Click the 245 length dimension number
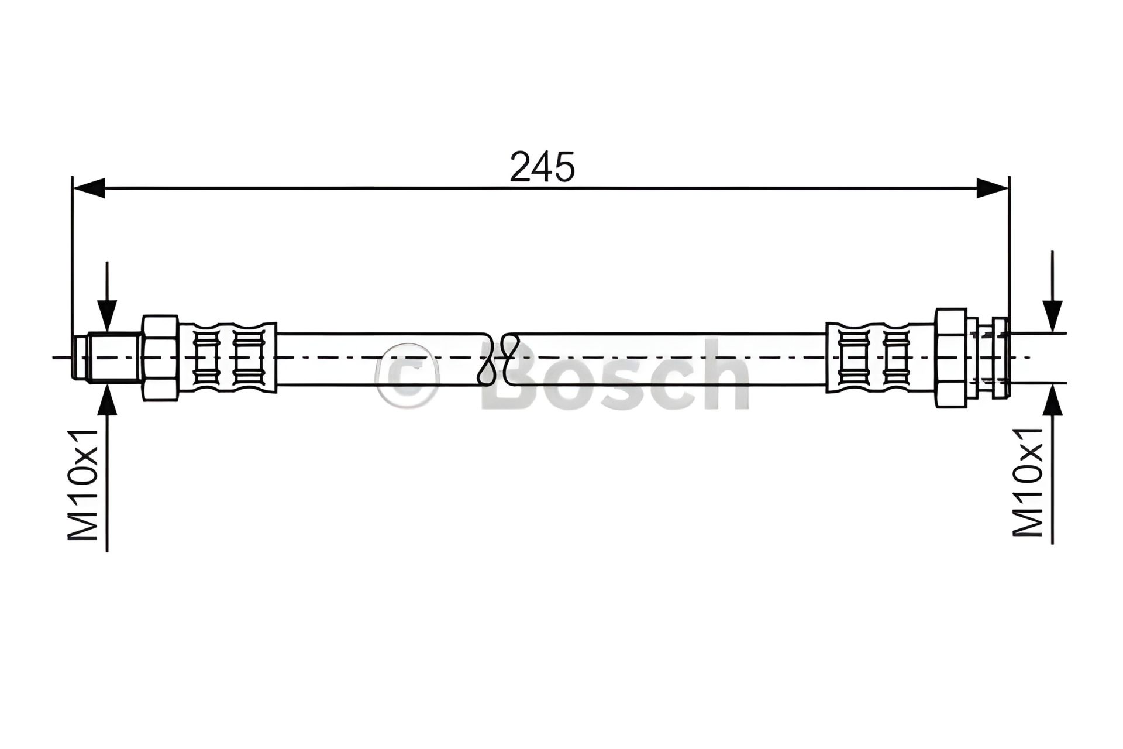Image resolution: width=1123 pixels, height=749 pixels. pos(542,167)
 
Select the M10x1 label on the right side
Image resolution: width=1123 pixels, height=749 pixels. pos(1028,481)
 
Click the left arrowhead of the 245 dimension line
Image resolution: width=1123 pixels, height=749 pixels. pos(88,188)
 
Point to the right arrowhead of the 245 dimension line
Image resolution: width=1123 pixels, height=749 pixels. pos(993,188)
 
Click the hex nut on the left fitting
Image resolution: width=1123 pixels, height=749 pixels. pos(160,358)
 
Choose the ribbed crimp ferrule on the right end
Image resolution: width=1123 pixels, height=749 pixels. pos(881,358)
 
